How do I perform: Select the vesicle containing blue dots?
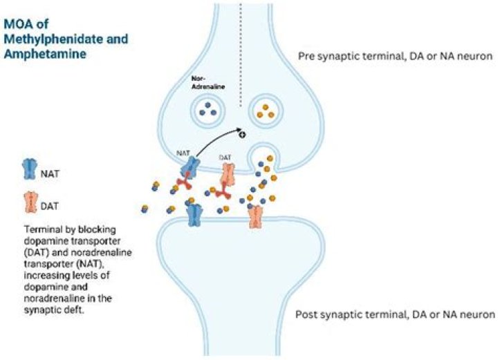tap(205, 109)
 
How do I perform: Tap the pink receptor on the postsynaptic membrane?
tap(256, 217)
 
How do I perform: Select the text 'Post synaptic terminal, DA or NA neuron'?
tap(395, 314)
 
